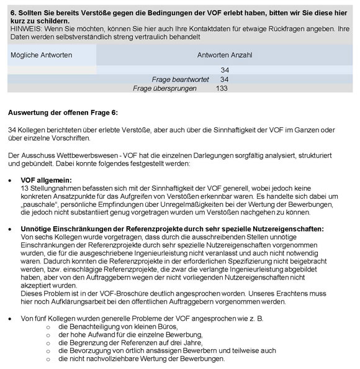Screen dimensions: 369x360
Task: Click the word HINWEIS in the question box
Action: [23, 29]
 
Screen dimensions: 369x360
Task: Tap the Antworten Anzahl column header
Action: [224, 55]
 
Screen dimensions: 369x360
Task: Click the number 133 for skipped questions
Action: [222, 89]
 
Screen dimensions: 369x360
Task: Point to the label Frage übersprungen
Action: [164, 89]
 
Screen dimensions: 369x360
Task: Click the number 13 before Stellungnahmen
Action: [25, 188]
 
